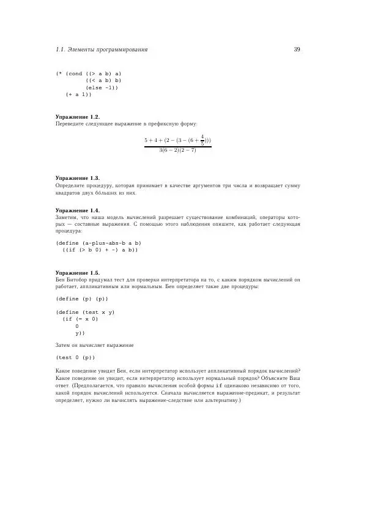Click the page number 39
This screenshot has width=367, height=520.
(x=297, y=50)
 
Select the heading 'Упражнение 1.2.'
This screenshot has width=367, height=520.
(x=77, y=116)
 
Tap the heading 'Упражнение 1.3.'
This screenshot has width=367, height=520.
(x=77, y=178)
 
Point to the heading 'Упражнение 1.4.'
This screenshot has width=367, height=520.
(x=77, y=210)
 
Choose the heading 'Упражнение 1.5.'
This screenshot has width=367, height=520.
(x=77, y=272)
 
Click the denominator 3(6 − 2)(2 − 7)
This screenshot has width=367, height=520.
(x=177, y=150)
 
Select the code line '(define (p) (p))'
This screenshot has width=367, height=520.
(x=82, y=299)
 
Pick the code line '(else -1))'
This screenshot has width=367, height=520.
(x=102, y=87)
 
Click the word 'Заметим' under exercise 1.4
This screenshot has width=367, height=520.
(x=67, y=217)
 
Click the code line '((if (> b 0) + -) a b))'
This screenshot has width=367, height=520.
(x=100, y=250)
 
